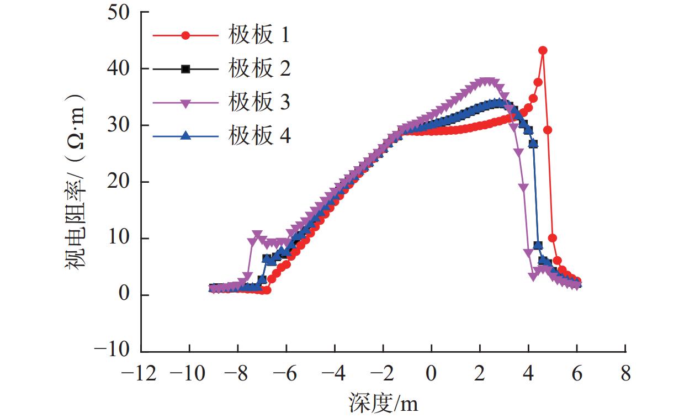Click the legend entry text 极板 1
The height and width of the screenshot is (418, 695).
[259, 36]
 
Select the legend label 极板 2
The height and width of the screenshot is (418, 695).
[259, 69]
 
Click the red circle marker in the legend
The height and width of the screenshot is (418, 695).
[186, 36]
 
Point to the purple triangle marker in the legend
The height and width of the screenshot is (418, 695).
[186, 103]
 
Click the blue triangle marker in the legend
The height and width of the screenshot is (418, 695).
[186, 136]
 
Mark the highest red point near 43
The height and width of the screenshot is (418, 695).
[543, 50]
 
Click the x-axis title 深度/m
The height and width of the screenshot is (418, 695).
[383, 404]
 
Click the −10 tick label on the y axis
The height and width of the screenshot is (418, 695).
[114, 351]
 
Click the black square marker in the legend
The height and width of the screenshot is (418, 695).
[186, 69]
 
